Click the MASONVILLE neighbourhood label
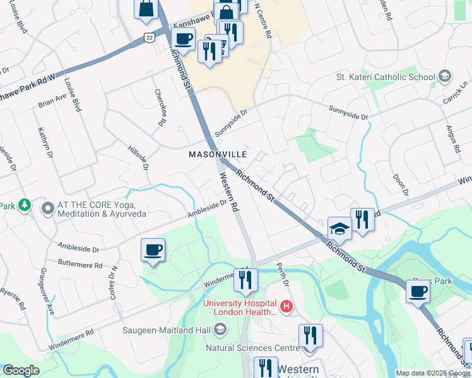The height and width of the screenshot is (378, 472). (x=218, y=154)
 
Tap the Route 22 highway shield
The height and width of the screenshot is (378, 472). (x=148, y=38)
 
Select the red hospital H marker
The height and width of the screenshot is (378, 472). (x=286, y=307)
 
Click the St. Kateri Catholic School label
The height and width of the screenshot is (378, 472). (x=386, y=77)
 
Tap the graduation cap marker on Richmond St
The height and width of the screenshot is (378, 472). (x=339, y=229)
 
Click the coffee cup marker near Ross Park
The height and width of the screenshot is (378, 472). (x=418, y=292)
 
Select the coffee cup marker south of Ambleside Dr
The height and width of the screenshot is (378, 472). (x=153, y=250)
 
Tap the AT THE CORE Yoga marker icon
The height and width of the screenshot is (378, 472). (x=47, y=207)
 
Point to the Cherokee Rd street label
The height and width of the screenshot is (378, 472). (x=160, y=106)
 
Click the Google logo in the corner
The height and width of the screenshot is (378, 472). (x=21, y=370)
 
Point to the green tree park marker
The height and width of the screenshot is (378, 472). (x=24, y=205)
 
